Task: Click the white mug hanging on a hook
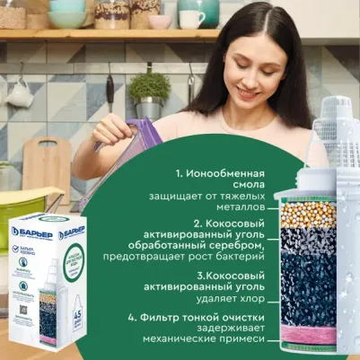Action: (19, 95)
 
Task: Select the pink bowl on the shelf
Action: (160, 22)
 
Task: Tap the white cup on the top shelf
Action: (191, 19)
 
